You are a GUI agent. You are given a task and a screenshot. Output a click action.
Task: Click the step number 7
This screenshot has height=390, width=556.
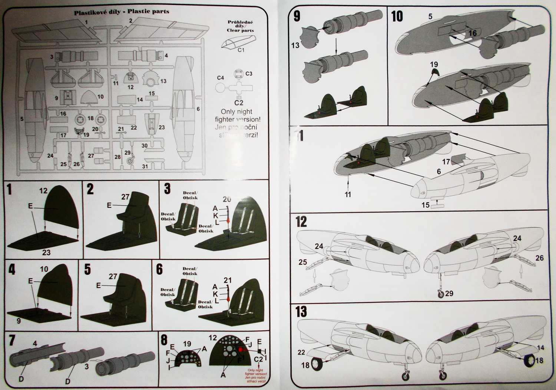(12, 340)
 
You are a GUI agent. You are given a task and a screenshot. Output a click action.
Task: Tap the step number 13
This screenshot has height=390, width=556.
(301, 311)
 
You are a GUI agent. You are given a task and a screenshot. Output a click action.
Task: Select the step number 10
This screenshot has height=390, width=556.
(397, 16)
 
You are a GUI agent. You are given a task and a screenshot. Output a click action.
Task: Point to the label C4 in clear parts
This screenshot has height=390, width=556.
(221, 78)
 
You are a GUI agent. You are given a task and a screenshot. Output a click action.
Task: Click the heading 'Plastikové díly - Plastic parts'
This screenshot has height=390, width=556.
(122, 11)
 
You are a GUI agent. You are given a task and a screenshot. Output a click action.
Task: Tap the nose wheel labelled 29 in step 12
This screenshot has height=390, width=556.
(440, 294)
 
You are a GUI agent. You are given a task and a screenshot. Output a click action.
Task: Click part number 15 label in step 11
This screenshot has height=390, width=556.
(426, 205)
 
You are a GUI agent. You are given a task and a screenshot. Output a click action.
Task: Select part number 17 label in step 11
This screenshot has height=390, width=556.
(446, 162)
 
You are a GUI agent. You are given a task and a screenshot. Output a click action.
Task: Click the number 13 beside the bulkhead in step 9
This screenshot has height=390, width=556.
(295, 46)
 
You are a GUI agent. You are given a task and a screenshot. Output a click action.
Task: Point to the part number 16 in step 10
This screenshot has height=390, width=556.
(472, 33)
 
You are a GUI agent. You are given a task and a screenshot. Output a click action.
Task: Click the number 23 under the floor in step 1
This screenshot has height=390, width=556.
(46, 252)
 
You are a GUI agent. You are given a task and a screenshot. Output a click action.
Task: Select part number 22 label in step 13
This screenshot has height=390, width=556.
(301, 353)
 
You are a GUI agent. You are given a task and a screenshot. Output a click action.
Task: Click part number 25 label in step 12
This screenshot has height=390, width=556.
(302, 262)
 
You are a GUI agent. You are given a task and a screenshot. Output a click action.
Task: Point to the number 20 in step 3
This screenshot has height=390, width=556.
(227, 199)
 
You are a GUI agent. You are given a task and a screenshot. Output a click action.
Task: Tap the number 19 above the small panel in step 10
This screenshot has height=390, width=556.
(434, 65)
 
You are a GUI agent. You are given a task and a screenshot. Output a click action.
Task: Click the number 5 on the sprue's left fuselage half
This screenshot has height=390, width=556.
(22, 119)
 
